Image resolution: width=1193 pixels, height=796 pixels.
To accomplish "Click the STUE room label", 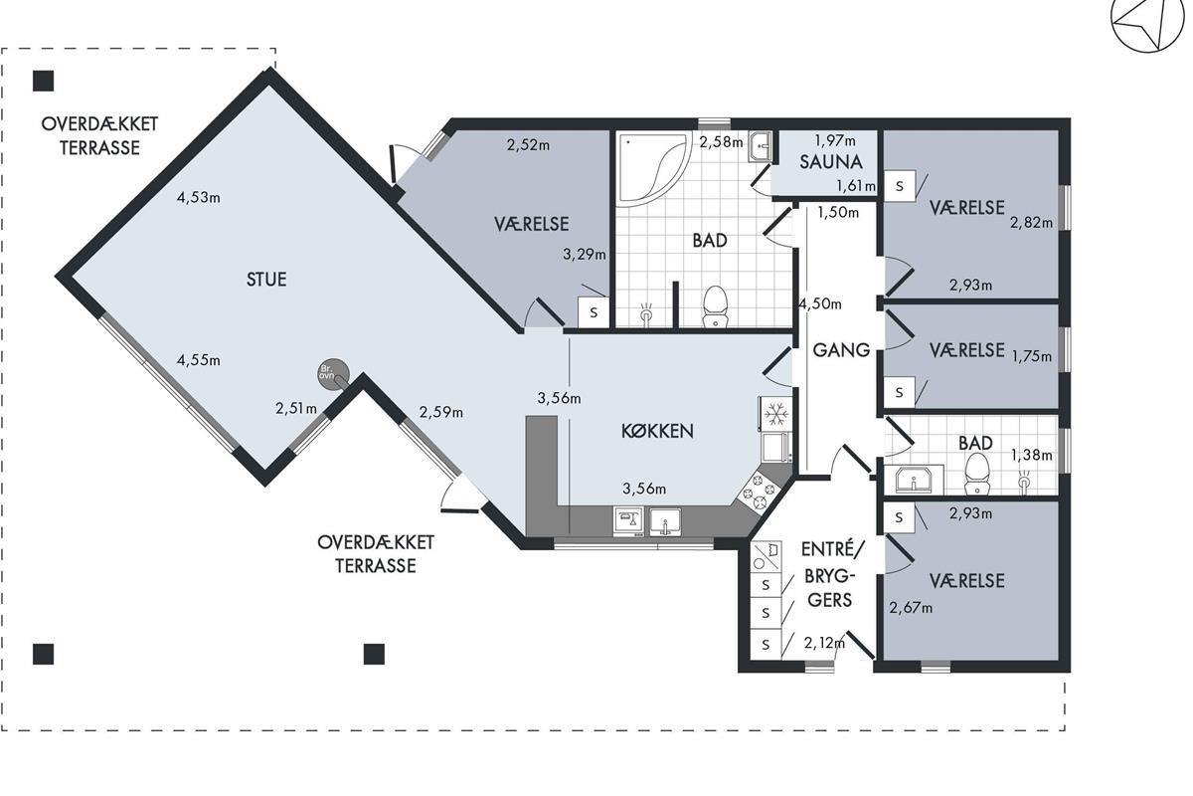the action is click(266, 279).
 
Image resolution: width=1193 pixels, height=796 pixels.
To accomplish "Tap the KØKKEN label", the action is click(657, 431).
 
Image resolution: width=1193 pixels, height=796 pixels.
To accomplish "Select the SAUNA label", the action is click(830, 161).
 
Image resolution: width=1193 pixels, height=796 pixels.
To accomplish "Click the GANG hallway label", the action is click(841, 350).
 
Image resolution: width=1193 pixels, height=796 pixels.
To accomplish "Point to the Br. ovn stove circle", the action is click(332, 373).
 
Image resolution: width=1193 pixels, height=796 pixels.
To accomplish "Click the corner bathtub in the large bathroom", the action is click(654, 169).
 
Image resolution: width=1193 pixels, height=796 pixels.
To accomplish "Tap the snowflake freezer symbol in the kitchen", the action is click(776, 413).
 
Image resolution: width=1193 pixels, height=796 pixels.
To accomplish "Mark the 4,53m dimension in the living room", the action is click(199, 197).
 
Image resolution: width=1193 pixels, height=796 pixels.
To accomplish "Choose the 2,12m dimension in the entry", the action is click(824, 644).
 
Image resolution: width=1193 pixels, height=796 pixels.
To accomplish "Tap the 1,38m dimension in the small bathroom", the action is click(1032, 455).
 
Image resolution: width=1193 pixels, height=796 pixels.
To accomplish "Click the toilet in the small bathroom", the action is click(976, 474).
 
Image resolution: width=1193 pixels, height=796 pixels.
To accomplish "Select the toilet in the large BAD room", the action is click(715, 306).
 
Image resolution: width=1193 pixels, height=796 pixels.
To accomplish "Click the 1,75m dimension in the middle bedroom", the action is click(1032, 355).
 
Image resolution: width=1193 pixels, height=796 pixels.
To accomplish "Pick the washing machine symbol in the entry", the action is click(766, 557).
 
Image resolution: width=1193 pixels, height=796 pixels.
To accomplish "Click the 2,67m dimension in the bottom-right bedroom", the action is click(911, 608).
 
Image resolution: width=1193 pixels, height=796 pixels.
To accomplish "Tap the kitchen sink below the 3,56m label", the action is click(665, 522).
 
